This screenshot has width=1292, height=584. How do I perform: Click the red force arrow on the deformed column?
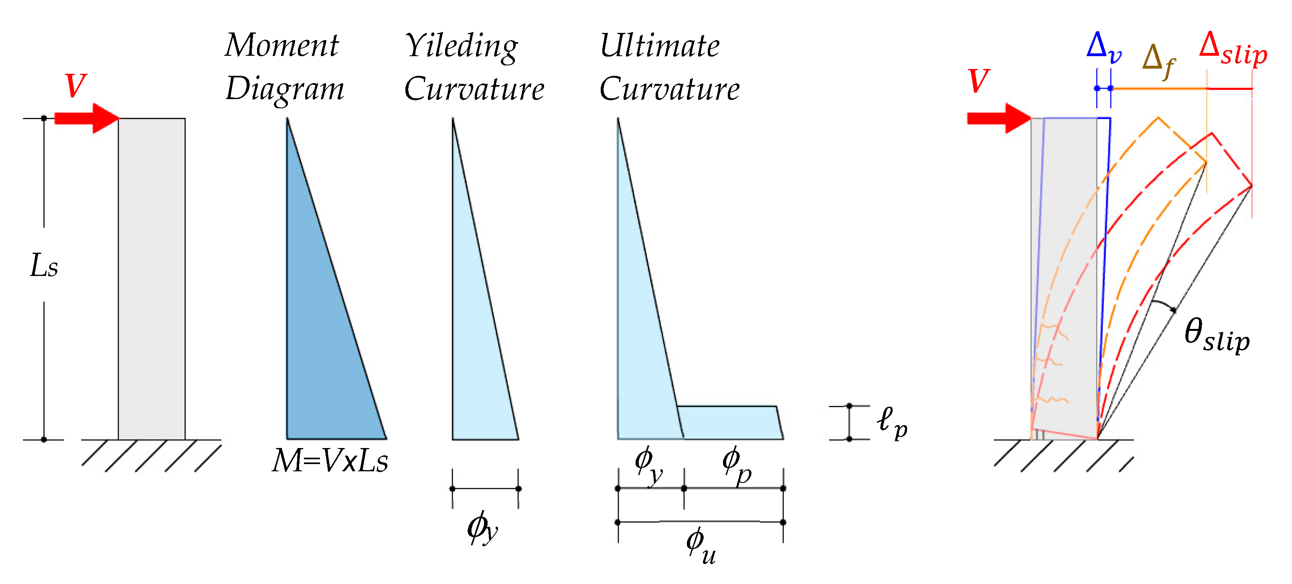click(998, 118)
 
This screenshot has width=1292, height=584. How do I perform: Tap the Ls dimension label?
click(44, 266)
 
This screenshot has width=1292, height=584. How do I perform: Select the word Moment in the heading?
click(282, 45)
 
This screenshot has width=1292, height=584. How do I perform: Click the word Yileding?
click(462, 46)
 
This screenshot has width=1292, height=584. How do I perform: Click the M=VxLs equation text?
click(330, 460)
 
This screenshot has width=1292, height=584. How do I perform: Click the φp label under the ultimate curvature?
click(736, 464)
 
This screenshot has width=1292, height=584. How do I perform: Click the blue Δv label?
click(1104, 48)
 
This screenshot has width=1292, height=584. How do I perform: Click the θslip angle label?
click(1217, 336)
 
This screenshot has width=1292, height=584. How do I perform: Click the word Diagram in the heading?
click(285, 89)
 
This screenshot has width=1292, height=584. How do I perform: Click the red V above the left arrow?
click(76, 85)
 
